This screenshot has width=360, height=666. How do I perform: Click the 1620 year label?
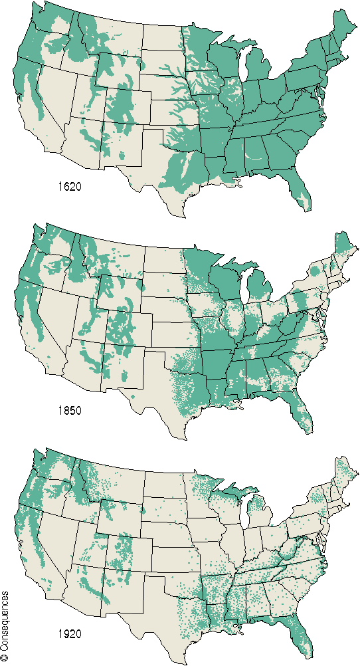pos(70,187)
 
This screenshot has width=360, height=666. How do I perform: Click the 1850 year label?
pos(70,410)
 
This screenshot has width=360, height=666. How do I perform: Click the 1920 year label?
pos(70,633)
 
